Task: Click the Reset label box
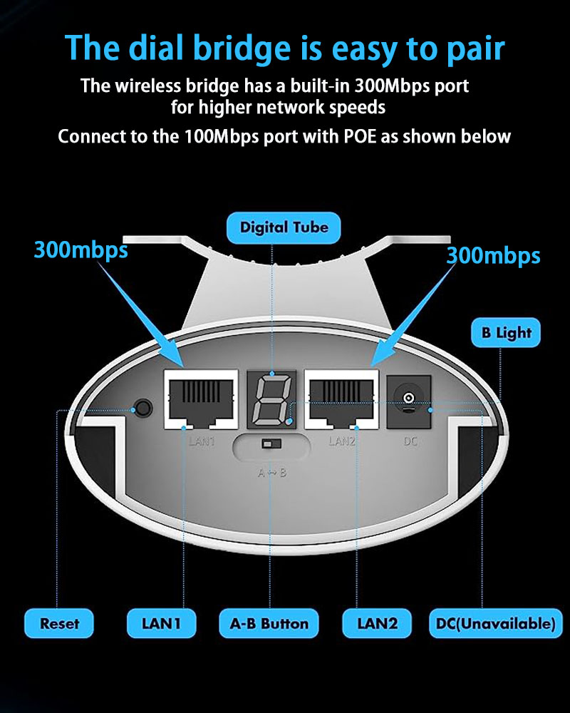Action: tap(59, 623)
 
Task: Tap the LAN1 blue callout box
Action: tap(161, 623)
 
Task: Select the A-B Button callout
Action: tap(269, 623)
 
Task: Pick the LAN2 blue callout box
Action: tap(377, 623)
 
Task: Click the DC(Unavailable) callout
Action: tap(495, 623)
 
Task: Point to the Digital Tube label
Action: tap(284, 227)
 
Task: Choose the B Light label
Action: tap(506, 332)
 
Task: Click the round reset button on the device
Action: tap(143, 407)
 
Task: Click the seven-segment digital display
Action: tap(271, 400)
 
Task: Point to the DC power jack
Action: tap(409, 401)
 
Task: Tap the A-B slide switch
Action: tap(271, 443)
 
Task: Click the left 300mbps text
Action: tap(81, 250)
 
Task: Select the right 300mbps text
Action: tap(493, 255)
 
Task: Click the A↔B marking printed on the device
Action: tap(271, 473)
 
